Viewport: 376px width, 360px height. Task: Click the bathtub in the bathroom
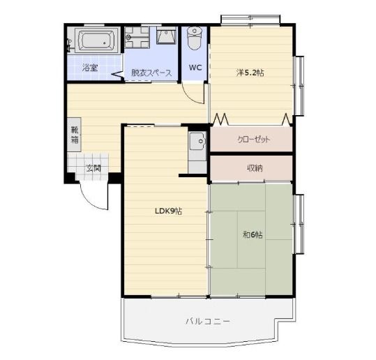(97, 40)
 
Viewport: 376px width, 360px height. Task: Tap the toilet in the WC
(195, 38)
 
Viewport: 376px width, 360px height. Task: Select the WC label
(195, 68)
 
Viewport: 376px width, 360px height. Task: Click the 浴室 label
(90, 68)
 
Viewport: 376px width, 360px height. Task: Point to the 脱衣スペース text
(151, 73)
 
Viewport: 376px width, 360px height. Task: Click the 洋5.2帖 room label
(250, 73)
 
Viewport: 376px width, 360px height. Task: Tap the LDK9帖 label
(168, 211)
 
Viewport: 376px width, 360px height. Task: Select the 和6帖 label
(253, 234)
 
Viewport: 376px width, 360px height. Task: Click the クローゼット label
(254, 140)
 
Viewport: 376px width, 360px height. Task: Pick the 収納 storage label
(255, 168)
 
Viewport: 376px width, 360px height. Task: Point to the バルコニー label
(208, 321)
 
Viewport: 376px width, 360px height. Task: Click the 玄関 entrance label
(93, 169)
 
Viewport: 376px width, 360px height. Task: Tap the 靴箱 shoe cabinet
(75, 135)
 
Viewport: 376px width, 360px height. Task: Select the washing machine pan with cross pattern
(137, 38)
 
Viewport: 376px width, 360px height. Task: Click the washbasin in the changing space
(166, 36)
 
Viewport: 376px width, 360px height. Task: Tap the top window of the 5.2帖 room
(250, 20)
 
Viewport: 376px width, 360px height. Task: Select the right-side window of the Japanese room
(299, 224)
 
